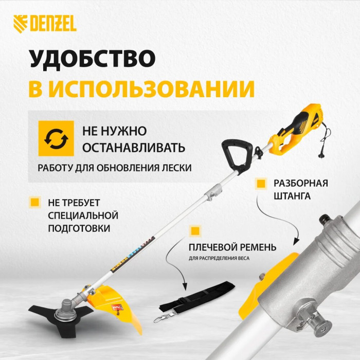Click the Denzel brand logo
point(45,24)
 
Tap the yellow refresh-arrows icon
point(56,138)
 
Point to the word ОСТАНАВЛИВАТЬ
point(134,148)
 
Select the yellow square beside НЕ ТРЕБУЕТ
point(35,203)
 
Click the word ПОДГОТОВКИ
point(79,228)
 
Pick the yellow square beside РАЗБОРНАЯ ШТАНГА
point(261,184)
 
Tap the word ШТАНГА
point(292,196)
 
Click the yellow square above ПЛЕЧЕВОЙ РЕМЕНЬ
point(195,231)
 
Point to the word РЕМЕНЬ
point(258,247)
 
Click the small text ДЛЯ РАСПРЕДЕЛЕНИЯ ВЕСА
point(219,259)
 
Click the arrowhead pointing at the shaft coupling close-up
point(297,242)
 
